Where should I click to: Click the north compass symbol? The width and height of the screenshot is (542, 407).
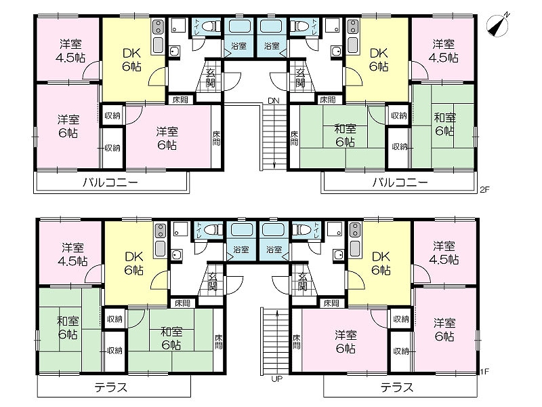[x=498, y=25]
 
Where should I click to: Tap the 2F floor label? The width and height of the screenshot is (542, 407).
[x=484, y=189]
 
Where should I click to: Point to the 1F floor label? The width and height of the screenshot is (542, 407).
[x=484, y=372]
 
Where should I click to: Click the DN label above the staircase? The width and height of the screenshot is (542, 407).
[x=274, y=100]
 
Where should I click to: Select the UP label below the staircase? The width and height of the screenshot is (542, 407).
[x=277, y=379]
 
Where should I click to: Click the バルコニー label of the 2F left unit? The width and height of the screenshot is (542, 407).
[x=110, y=182]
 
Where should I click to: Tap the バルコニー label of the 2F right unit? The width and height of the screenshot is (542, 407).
[x=400, y=182]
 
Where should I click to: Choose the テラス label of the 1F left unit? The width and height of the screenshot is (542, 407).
[x=111, y=387]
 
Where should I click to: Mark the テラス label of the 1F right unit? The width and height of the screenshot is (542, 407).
[x=397, y=387]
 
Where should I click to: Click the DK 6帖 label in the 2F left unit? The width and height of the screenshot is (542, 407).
[x=131, y=60]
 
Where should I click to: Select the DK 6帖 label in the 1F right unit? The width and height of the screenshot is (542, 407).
[x=381, y=263]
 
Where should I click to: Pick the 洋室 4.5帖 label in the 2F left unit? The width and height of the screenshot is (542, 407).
[x=70, y=51]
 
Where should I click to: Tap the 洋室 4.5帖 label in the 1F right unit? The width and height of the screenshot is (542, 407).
[x=444, y=253]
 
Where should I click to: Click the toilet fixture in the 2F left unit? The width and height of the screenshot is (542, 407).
[x=211, y=26]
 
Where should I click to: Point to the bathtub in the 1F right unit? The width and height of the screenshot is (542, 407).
[x=274, y=230]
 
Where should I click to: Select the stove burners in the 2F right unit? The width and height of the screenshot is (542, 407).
[x=353, y=26]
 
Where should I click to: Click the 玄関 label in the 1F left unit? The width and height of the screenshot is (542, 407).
[x=212, y=282]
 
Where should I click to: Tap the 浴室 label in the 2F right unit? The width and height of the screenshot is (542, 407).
[x=272, y=45]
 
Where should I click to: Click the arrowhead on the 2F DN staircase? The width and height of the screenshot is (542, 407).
[x=274, y=166]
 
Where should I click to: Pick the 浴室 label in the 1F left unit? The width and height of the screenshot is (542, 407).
[x=241, y=249]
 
